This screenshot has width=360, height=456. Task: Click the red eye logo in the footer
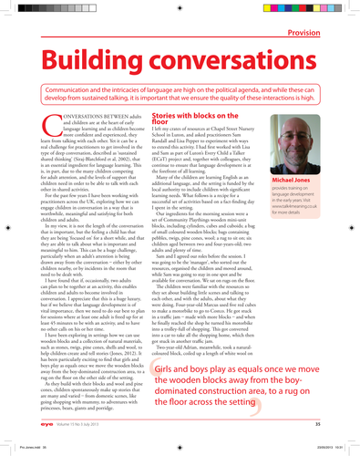point(51,424)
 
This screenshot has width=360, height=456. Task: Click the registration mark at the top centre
point(180,8)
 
